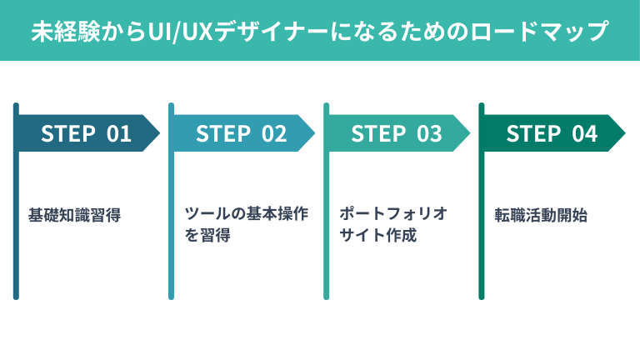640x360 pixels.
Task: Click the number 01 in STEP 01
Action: pos(119,133)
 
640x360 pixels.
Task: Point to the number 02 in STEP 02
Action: pos(274,133)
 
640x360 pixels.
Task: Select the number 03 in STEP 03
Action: pos(429,133)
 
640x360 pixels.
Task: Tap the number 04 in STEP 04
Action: pos(584,133)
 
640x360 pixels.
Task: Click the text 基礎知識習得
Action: pos(74,215)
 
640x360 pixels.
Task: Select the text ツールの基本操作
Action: pos(246,213)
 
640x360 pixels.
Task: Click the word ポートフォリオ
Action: pos(393,213)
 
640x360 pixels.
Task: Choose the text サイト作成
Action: pos(377,235)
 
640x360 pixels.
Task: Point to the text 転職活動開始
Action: pos(541,215)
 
